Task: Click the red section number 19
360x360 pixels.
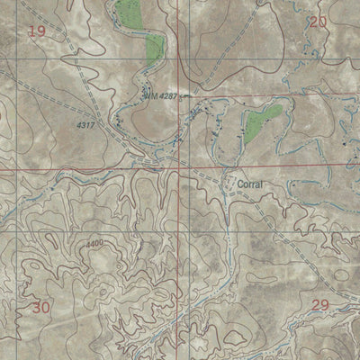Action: coord(37,32)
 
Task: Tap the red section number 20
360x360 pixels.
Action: coord(317,22)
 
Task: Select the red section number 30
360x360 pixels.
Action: coord(40,308)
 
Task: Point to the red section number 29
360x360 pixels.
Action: coord(319,305)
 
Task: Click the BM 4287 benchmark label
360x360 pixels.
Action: coord(159,94)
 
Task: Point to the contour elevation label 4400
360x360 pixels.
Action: coord(94,243)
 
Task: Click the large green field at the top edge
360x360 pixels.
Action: coord(131,13)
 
